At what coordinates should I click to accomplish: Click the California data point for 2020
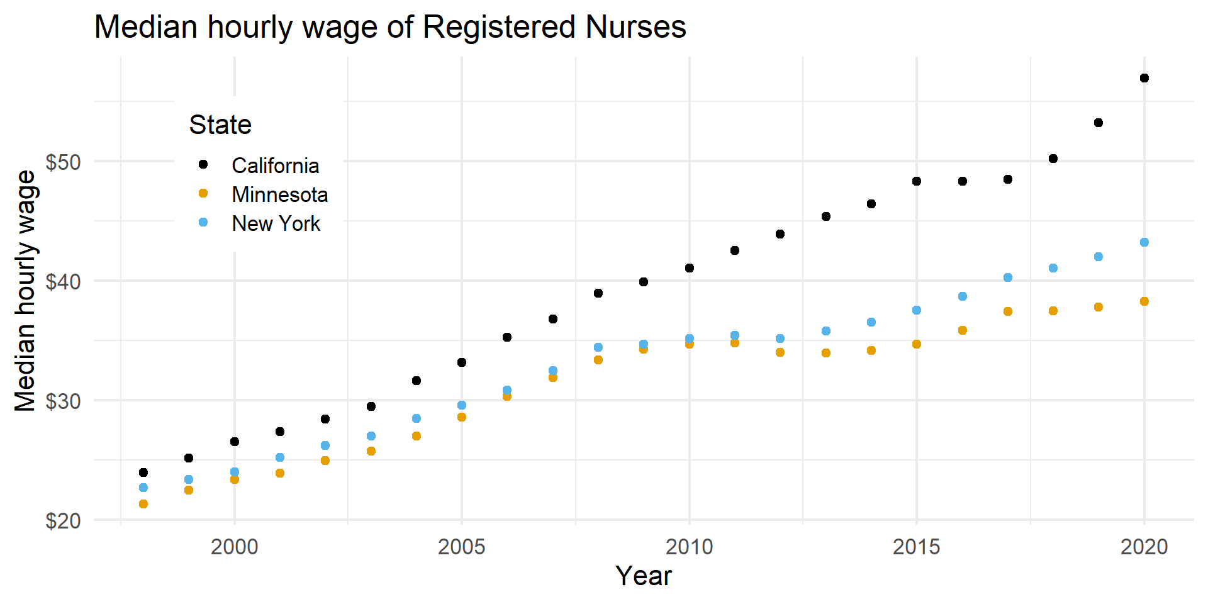(1144, 78)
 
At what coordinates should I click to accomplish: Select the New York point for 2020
(1144, 242)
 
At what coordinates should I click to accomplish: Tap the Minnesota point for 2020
(1144, 301)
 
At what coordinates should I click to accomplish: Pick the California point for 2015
(917, 181)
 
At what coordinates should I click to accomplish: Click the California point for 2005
(462, 362)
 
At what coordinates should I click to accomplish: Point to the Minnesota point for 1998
(143, 504)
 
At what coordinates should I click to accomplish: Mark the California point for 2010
(690, 268)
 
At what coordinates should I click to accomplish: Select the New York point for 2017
(1008, 277)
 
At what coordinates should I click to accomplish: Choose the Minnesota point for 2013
(826, 353)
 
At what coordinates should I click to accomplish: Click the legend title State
(220, 125)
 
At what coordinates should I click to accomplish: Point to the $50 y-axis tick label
(64, 162)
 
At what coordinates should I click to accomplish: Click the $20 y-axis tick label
(64, 521)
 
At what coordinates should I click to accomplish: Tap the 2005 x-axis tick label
(462, 547)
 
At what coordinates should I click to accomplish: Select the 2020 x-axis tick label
(1144, 547)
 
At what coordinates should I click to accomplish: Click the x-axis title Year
(644, 576)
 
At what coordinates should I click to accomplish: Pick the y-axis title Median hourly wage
(26, 291)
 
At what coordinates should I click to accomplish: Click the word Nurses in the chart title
(635, 27)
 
